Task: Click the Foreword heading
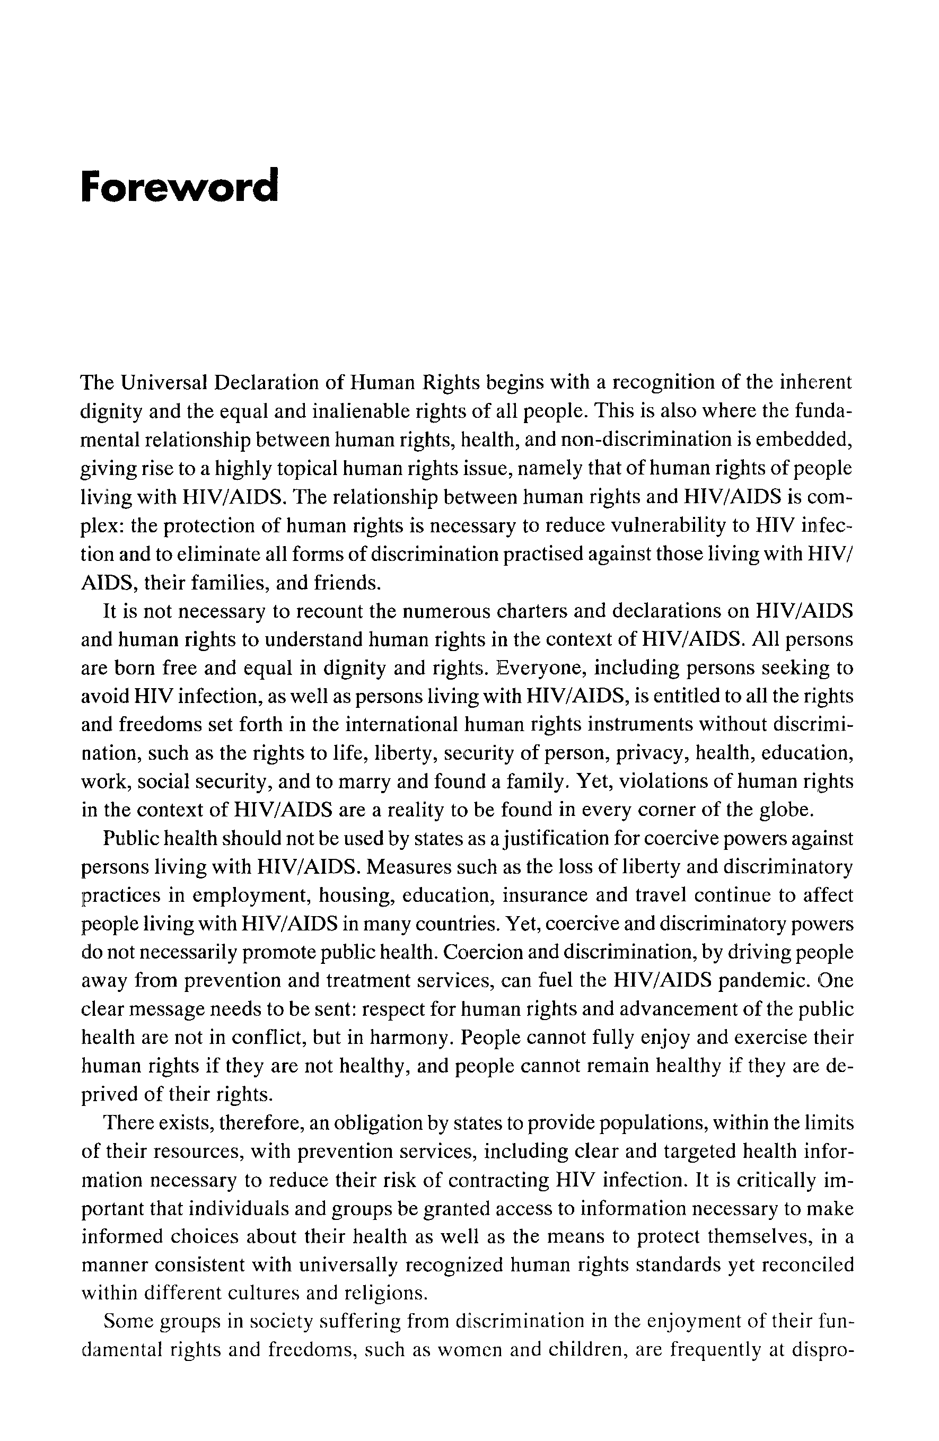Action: [x=179, y=187]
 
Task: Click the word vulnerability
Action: [x=666, y=525]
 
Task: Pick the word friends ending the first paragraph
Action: [x=347, y=583]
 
